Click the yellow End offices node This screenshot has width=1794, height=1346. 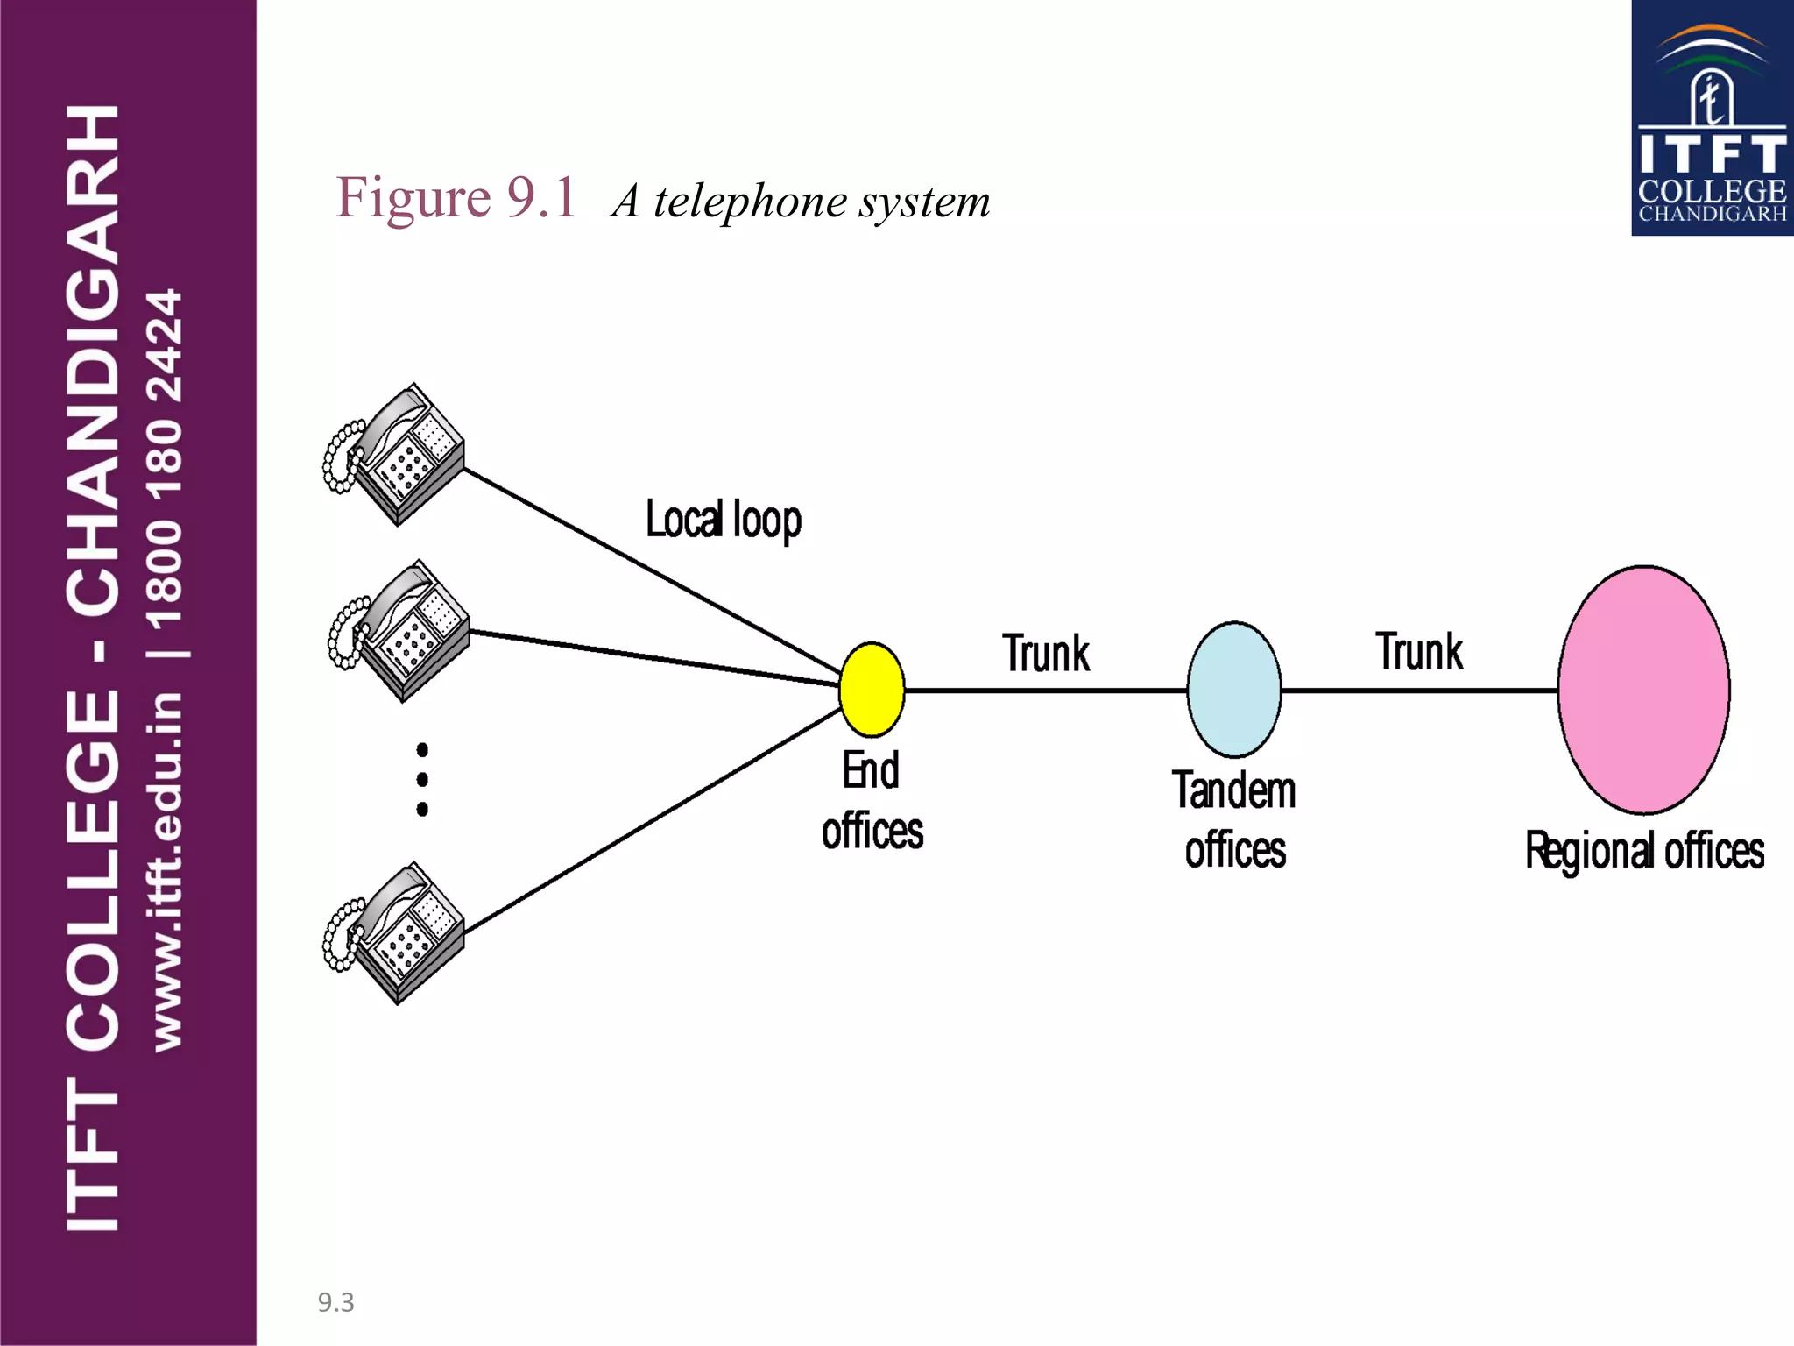(x=872, y=690)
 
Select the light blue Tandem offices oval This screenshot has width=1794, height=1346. (x=1234, y=690)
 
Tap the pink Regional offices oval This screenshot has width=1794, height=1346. (x=1643, y=690)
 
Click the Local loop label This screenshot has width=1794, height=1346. (x=724, y=521)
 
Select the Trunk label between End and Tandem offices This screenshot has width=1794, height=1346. (x=1046, y=654)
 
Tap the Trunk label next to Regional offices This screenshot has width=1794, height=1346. (x=1419, y=652)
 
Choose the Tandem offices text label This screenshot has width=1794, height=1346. (x=1234, y=820)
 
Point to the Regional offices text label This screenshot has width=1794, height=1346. (x=1644, y=851)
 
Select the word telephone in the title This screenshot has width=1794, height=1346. (x=750, y=202)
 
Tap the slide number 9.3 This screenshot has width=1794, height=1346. (x=335, y=1302)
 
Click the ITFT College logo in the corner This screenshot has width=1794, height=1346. (x=1712, y=118)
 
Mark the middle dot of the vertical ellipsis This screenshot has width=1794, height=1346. (x=422, y=779)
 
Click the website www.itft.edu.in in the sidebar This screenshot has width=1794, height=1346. (x=166, y=871)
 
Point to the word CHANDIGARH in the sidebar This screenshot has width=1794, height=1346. (x=93, y=359)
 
